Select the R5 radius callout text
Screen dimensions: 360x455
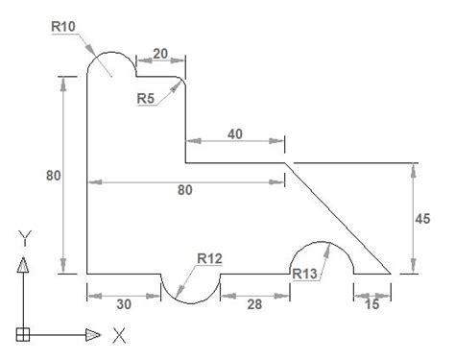coord(147,98)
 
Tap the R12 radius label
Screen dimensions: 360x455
coord(209,256)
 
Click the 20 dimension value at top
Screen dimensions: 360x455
coord(160,54)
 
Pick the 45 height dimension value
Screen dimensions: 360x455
coord(436,219)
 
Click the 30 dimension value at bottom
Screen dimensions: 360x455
coord(123,303)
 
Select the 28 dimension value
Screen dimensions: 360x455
coord(253,303)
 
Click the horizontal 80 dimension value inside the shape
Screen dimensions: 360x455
coord(185,190)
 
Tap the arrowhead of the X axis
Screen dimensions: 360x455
coord(93,335)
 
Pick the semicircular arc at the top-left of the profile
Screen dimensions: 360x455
coord(111,54)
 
